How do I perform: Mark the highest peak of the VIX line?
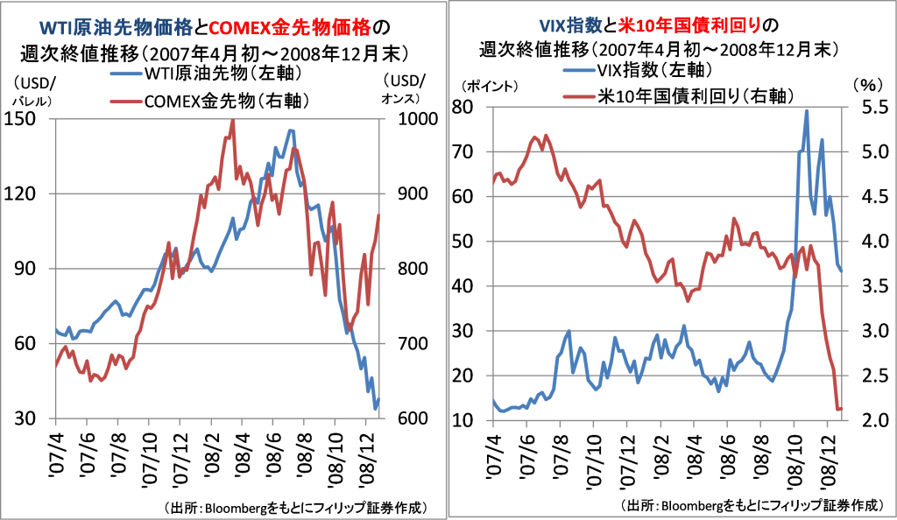click(x=806, y=110)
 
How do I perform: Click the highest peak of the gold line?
click(x=232, y=121)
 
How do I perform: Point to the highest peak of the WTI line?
click(x=291, y=130)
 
